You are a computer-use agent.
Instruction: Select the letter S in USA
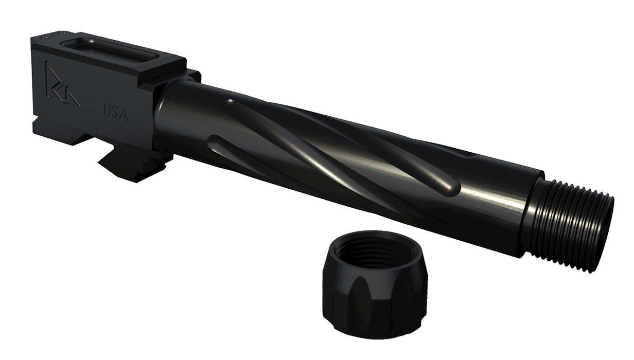(116, 112)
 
